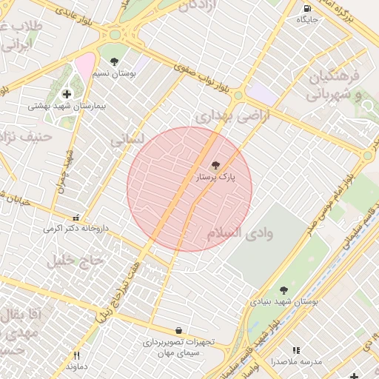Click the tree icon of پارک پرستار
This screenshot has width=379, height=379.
pos(215,165)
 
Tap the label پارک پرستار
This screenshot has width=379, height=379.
pos(215,178)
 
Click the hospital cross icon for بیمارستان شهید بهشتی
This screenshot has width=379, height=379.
pos(67,94)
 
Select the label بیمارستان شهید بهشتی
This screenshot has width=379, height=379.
pos(67,107)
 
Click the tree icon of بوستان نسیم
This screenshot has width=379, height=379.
pos(113,62)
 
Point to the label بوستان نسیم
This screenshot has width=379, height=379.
pos(113,74)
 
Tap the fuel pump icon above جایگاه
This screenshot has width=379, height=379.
pos(307,9)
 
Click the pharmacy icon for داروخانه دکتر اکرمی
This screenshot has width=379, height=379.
pos(76,217)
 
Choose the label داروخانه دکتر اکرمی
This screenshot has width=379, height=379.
pos(76,229)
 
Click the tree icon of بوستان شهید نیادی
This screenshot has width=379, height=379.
pos(284,290)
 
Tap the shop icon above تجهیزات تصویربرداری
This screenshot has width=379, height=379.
pos(178,330)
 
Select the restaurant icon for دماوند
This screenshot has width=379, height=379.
pos(76,355)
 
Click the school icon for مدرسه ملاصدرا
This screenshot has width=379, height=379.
pos(296,350)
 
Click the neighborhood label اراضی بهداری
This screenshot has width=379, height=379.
pos(230,117)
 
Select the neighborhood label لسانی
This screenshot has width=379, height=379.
pos(127,138)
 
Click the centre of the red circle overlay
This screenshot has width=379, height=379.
pos(189,189)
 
